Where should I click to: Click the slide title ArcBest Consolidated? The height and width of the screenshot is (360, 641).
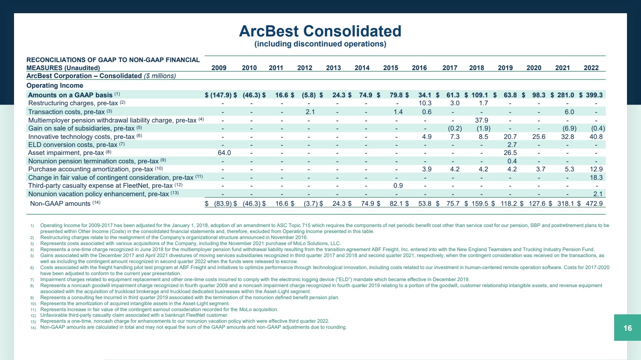point(320,31)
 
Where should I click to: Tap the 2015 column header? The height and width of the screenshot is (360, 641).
point(391,68)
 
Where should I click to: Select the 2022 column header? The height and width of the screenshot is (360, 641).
point(591,68)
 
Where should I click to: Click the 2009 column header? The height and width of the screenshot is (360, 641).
point(219,68)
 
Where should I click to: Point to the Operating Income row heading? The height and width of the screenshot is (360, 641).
point(55,85)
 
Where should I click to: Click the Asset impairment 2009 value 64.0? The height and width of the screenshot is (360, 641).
point(224,153)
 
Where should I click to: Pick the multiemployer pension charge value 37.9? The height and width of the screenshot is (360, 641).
point(482,120)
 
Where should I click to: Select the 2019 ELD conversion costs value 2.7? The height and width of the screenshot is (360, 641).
point(512,145)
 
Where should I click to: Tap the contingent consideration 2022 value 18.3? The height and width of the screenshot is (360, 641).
point(596,177)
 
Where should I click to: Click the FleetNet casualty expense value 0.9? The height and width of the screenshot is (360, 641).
point(398,185)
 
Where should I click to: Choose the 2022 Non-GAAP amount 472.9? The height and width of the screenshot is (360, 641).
point(594,203)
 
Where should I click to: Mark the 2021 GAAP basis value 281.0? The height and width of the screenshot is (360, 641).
point(566,95)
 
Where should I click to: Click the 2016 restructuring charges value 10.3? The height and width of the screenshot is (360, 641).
point(425,103)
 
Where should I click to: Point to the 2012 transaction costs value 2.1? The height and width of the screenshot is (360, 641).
point(310,112)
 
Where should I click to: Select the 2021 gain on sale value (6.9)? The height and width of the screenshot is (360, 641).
point(569,128)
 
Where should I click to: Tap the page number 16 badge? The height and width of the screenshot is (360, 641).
point(627,328)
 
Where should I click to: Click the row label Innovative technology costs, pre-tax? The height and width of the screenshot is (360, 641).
point(81,137)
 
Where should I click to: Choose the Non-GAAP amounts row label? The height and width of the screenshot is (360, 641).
point(60,203)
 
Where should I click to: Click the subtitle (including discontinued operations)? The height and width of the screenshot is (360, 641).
point(320,44)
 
